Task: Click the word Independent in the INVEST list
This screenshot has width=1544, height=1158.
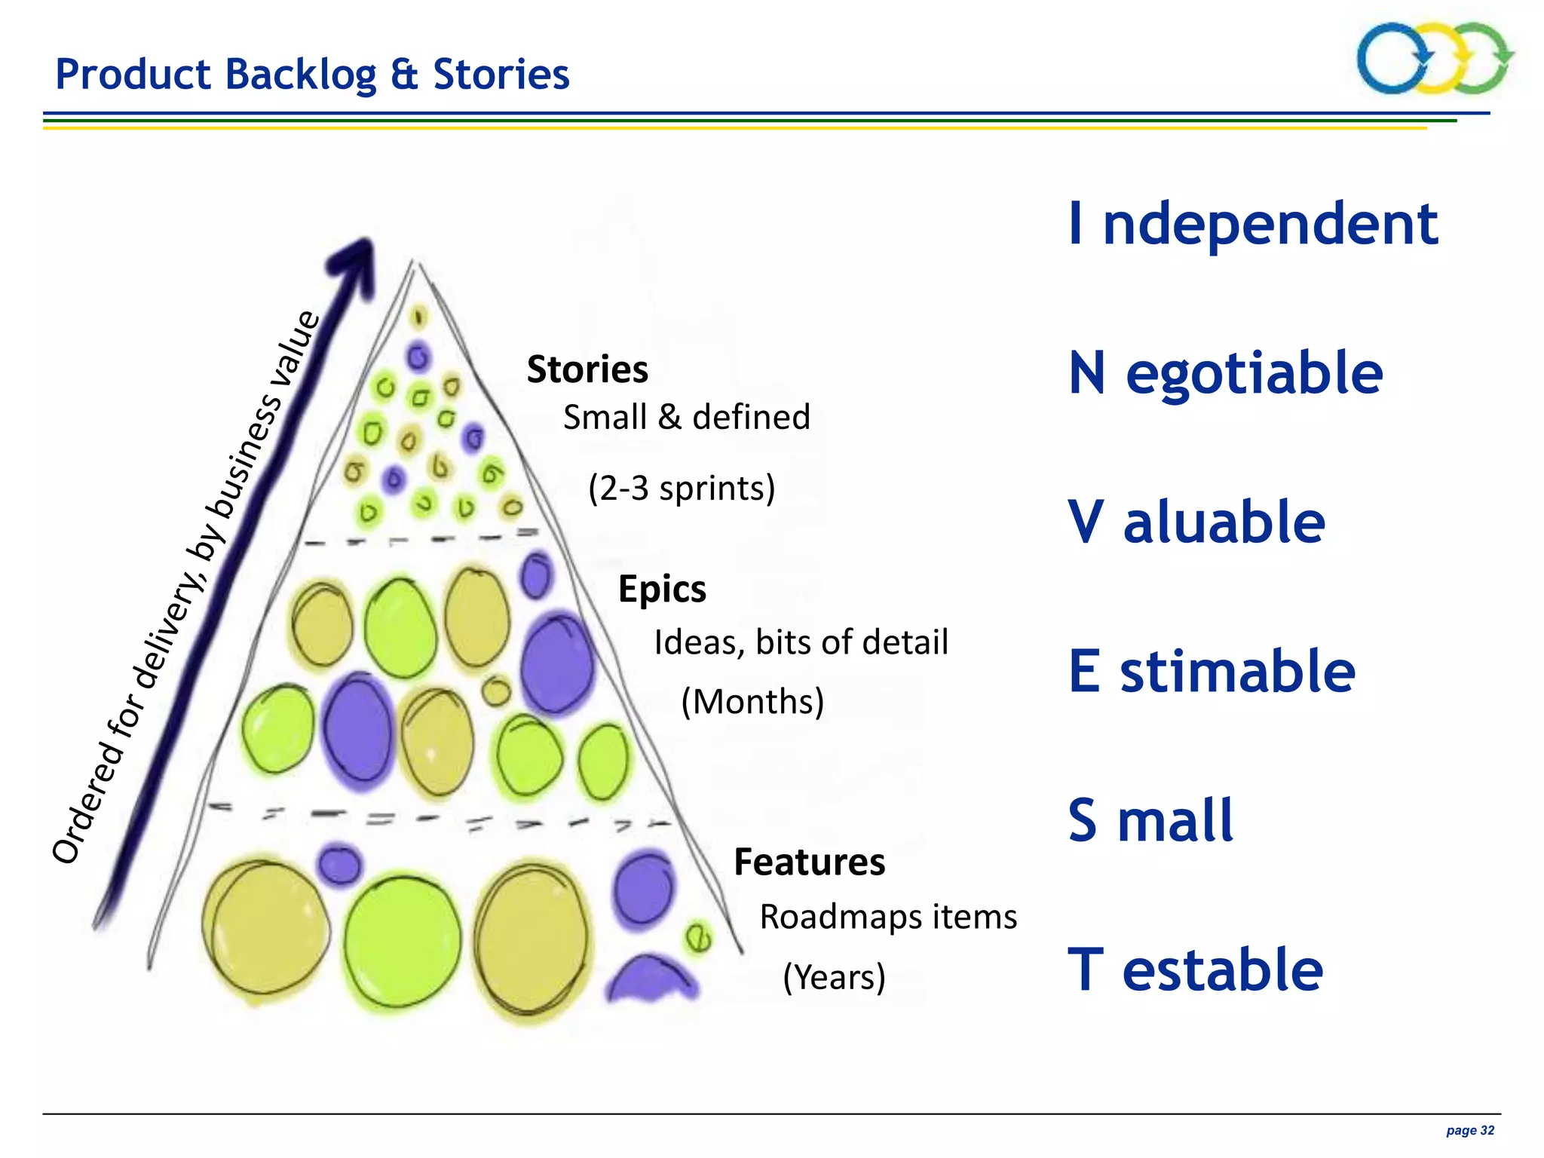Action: click(1253, 224)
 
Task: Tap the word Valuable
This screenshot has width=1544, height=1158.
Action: click(1196, 522)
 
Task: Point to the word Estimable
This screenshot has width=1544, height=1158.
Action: click(1212, 671)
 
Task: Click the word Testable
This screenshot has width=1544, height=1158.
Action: click(1195, 970)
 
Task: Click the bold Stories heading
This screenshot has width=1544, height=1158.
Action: click(587, 369)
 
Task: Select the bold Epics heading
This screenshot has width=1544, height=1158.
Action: click(662, 589)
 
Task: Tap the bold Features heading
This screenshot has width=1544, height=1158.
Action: click(809, 862)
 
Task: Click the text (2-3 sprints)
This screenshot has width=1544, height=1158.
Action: click(682, 488)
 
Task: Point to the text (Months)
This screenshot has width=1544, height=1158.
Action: click(752, 701)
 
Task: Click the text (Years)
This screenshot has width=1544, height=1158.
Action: click(834, 977)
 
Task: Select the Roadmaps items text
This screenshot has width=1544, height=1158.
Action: click(888, 917)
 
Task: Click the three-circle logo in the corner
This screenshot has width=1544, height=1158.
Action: click(1434, 58)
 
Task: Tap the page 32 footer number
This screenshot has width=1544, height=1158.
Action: click(1469, 1130)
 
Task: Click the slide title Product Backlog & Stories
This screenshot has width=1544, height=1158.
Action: click(312, 75)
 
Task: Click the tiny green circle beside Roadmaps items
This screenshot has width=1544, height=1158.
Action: click(697, 938)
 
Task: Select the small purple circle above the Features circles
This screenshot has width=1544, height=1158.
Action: click(339, 865)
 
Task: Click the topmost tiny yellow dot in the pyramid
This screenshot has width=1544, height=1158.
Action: click(418, 317)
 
